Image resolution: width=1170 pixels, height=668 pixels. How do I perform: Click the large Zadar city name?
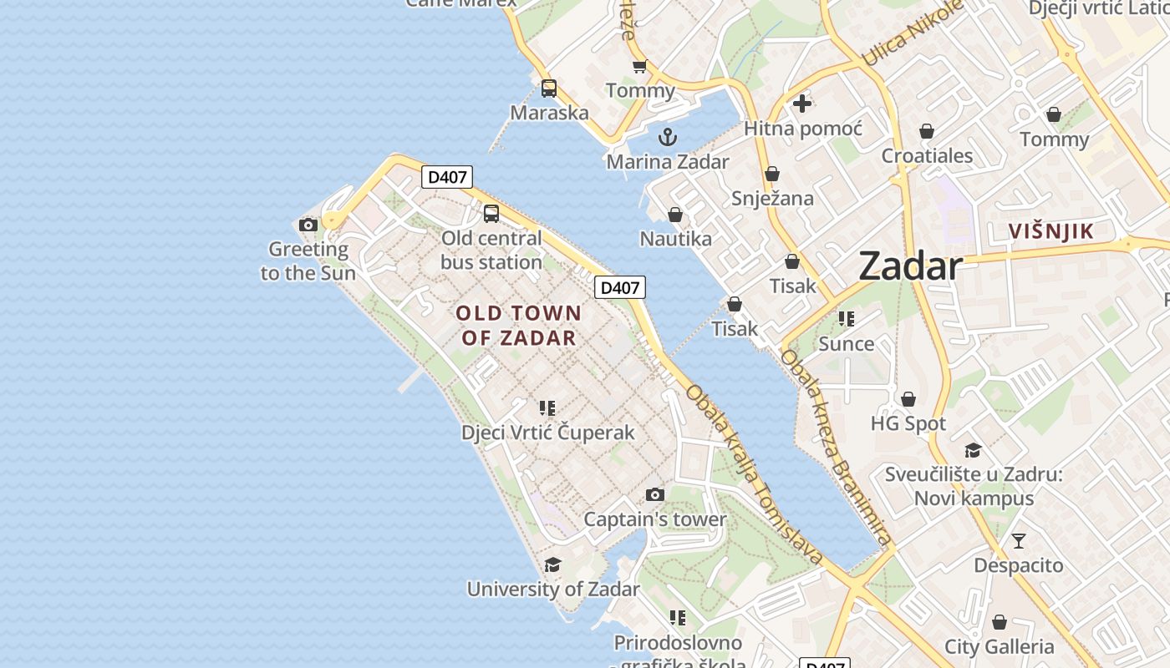point(910,266)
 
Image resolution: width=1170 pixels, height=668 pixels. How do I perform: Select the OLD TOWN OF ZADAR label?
point(518,325)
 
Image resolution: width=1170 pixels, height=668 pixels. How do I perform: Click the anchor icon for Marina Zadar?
point(667,137)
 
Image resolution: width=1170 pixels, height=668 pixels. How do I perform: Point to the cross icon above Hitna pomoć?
point(802,104)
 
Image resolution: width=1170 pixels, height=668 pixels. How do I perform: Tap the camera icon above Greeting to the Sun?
point(308,225)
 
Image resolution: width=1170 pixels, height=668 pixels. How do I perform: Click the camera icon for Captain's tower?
point(655,494)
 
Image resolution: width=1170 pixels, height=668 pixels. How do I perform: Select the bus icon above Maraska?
point(549,89)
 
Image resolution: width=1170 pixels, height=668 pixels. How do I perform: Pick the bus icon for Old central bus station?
point(491,214)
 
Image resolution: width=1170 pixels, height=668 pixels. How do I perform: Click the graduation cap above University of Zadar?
point(552,565)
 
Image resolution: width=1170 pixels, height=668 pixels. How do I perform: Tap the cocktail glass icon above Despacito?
point(1018,541)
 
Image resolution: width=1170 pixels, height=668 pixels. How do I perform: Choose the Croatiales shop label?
point(927,156)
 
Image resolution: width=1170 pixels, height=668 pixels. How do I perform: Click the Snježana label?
point(772,198)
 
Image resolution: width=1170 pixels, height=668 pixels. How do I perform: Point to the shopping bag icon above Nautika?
point(675,215)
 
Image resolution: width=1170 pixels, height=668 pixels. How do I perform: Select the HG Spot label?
point(908,423)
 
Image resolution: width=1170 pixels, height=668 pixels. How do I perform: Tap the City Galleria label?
point(999,646)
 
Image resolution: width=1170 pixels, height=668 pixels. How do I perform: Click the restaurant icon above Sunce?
point(847,319)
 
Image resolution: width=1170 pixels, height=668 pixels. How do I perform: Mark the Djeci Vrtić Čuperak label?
point(548,433)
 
